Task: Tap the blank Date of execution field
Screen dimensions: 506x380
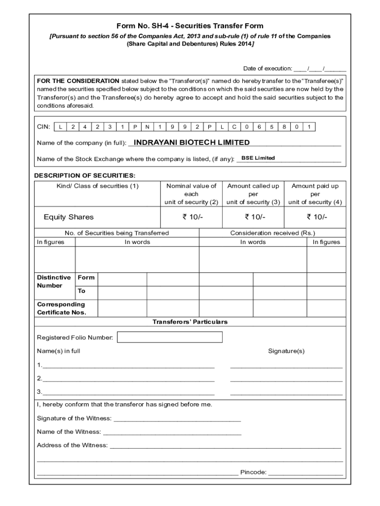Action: click(x=319, y=69)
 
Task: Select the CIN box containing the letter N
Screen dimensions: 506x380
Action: click(x=147, y=127)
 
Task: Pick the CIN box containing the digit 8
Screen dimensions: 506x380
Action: click(x=284, y=127)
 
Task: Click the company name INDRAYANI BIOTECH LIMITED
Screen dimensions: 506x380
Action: click(x=191, y=142)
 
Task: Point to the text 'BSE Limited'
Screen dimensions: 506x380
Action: click(x=258, y=158)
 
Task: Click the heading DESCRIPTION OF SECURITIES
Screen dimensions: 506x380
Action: click(x=84, y=175)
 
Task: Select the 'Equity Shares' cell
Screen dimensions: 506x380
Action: click(x=69, y=217)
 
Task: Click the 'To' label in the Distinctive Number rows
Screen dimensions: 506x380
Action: click(x=81, y=291)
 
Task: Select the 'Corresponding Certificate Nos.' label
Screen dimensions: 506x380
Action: click(x=61, y=308)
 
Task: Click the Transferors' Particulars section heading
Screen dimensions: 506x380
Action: click(x=190, y=322)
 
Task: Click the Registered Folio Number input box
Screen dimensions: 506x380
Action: click(x=169, y=337)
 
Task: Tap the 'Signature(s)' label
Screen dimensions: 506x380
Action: click(x=286, y=351)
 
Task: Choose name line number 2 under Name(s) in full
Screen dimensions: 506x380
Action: click(x=128, y=379)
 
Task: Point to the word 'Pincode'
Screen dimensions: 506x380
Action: click(x=253, y=472)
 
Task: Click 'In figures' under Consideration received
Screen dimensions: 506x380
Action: click(x=326, y=242)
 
